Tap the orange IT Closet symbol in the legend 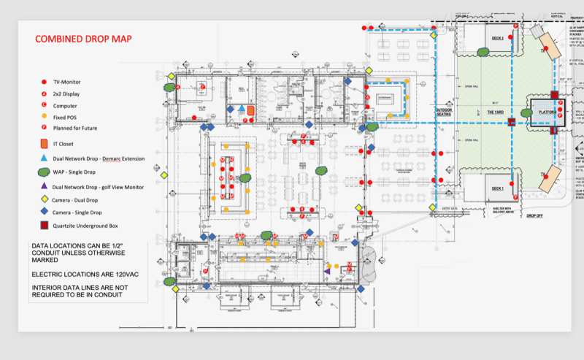(x=45, y=143)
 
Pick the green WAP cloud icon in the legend (x=45, y=173)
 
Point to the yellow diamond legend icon (x=45, y=199)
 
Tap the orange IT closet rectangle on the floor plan (x=250, y=110)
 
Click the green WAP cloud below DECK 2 (x=483, y=52)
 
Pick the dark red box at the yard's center (x=512, y=122)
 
